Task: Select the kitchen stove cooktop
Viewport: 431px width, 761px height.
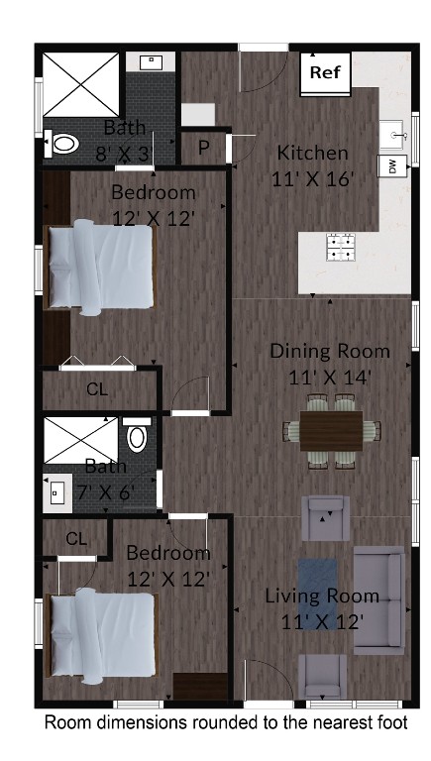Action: pyautogui.click(x=341, y=246)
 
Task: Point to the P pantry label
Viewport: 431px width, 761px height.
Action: pyautogui.click(x=203, y=148)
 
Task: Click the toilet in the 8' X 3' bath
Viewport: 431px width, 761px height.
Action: pyautogui.click(x=65, y=144)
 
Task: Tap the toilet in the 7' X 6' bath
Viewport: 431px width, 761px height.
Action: pyautogui.click(x=137, y=436)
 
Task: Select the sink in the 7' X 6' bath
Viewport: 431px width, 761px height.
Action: pyautogui.click(x=56, y=489)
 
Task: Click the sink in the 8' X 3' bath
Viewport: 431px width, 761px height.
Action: pyautogui.click(x=151, y=62)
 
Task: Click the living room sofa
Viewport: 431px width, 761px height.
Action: pyautogui.click(x=379, y=598)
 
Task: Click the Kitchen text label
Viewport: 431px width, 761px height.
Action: pyautogui.click(x=312, y=153)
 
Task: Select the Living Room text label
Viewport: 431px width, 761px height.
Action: pyautogui.click(x=322, y=596)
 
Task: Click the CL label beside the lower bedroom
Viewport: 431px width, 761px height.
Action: pyautogui.click(x=77, y=538)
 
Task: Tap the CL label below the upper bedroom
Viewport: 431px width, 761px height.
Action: pyautogui.click(x=96, y=389)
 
